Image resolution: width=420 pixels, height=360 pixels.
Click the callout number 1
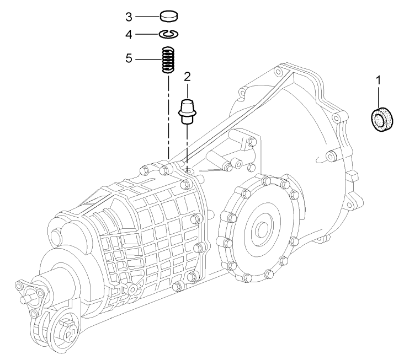point(378,80)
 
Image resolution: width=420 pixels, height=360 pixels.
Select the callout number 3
point(129,16)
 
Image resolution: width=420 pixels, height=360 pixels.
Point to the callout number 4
point(129,34)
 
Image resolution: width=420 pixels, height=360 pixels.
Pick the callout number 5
point(129,57)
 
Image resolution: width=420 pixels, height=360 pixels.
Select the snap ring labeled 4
point(168,35)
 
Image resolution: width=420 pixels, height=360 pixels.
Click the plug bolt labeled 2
point(187,110)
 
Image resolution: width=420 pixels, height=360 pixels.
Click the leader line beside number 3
point(147,16)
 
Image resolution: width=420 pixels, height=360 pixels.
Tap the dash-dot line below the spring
point(168,116)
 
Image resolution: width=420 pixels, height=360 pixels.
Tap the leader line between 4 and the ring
point(147,34)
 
